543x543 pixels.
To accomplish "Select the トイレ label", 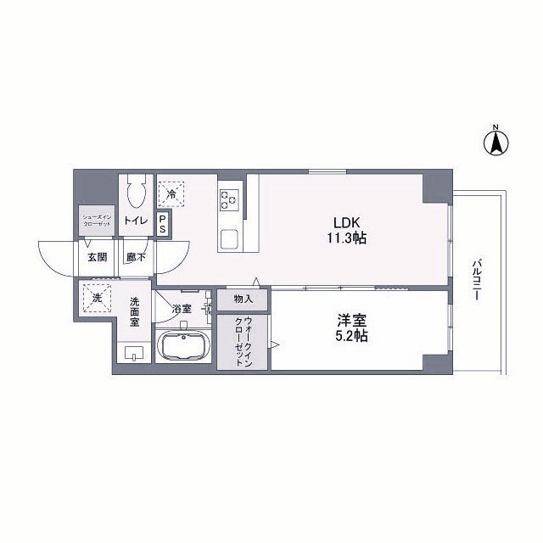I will click(x=136, y=221).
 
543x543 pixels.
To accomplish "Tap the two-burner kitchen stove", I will click(x=229, y=200).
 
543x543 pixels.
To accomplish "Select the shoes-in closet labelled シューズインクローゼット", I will click(x=96, y=221).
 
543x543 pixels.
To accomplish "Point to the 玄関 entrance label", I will click(x=95, y=256).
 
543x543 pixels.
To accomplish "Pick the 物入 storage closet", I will click(x=243, y=299).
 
